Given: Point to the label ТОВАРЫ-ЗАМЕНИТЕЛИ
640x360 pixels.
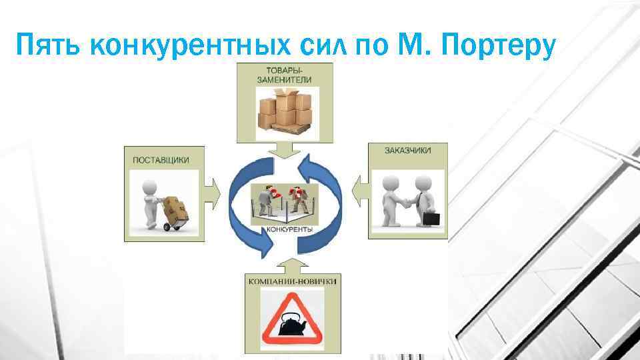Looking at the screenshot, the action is [x=284, y=75].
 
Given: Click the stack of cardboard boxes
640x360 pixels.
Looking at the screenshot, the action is [x=284, y=111].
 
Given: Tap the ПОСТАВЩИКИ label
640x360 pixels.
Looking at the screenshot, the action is [x=161, y=160].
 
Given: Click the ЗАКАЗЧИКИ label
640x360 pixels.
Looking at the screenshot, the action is [x=407, y=151].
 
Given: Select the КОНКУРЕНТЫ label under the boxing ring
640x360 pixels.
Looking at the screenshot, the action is [x=290, y=230].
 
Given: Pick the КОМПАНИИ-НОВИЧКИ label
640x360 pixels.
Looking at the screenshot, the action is [x=292, y=281].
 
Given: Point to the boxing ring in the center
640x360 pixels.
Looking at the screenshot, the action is [x=284, y=203].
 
